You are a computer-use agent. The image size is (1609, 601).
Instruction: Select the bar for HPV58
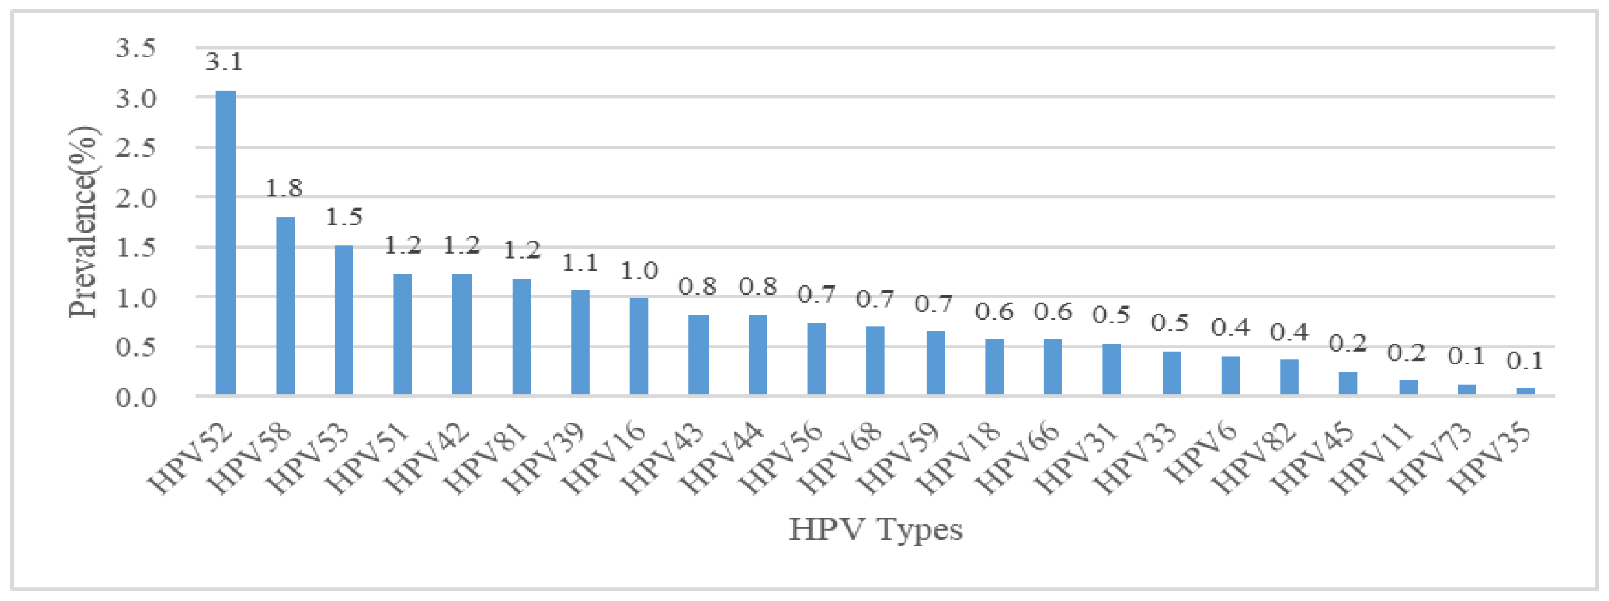click(285, 305)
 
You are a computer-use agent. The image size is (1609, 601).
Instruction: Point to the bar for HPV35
click(1526, 391)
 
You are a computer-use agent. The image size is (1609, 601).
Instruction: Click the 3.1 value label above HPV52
click(224, 62)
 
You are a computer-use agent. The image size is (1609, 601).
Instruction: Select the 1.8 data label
click(284, 188)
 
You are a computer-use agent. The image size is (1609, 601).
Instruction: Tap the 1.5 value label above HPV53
click(344, 217)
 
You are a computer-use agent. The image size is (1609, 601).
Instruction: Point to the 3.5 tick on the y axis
click(136, 48)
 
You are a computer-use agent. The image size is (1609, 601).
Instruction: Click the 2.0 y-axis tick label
click(136, 198)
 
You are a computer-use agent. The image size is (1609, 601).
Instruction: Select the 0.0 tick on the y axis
click(136, 398)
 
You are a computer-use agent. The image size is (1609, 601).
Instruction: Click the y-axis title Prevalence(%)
click(83, 222)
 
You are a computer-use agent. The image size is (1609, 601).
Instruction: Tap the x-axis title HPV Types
click(875, 529)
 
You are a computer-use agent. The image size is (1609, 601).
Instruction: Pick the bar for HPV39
click(580, 342)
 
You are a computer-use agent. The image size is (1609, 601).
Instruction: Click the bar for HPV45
click(1347, 383)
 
